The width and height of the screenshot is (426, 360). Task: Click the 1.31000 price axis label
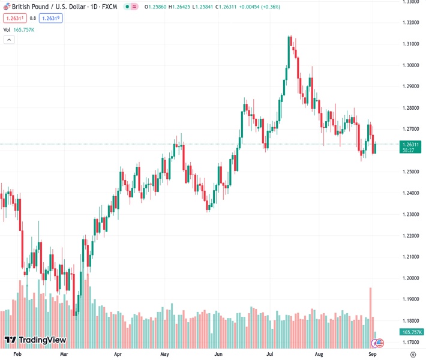pos(410,44)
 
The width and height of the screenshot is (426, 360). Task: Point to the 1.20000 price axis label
pos(410,278)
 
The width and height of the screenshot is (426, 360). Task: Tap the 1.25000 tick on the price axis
pos(410,172)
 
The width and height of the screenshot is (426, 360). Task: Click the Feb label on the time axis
pos(17,355)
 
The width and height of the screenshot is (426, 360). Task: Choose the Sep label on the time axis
pos(372,355)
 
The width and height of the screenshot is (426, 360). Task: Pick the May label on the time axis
pos(164,355)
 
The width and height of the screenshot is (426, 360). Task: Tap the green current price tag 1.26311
pos(412,144)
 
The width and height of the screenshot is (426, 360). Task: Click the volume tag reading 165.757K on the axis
pos(412,332)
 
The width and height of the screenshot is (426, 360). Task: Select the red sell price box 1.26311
pos(14,18)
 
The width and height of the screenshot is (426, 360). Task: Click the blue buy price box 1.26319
pos(51,18)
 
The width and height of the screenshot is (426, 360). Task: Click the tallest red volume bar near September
pos(370,312)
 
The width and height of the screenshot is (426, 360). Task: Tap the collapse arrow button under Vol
pos(9,40)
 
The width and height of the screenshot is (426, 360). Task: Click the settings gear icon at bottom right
pos(412,355)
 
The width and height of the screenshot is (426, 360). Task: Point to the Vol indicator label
pos(7,29)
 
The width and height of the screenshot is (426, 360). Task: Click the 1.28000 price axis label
pos(410,108)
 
